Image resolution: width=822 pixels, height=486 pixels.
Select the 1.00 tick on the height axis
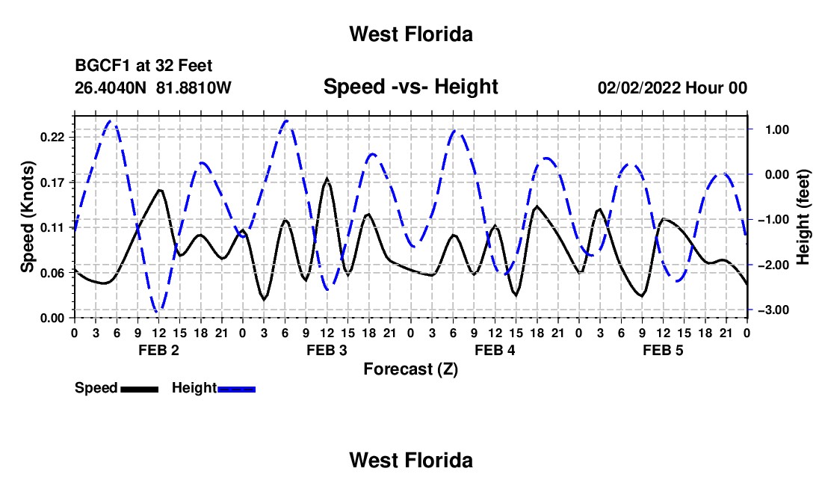coord(777,129)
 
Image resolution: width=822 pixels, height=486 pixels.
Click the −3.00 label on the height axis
coord(773,310)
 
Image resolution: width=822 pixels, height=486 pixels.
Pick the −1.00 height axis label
coord(773,220)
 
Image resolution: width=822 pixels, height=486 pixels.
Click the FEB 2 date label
coord(159,350)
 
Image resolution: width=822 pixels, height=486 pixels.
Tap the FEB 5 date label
coord(663,350)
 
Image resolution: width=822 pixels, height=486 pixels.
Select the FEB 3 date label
coord(327,350)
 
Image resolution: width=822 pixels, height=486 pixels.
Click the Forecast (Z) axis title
coord(411,369)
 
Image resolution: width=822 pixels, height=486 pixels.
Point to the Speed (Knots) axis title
coord(27,217)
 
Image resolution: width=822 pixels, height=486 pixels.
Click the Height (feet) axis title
coord(803,217)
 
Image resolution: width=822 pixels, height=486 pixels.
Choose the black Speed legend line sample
coord(140,389)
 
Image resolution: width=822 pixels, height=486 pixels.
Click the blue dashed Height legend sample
coord(236,389)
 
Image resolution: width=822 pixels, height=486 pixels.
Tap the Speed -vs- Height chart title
coord(411,87)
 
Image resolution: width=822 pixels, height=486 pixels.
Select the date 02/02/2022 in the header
coord(639,87)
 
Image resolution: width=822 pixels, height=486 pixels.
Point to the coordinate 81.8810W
coord(194,87)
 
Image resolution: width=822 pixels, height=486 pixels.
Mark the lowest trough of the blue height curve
coord(158,312)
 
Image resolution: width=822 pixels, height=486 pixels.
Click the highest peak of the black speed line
coord(327,179)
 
